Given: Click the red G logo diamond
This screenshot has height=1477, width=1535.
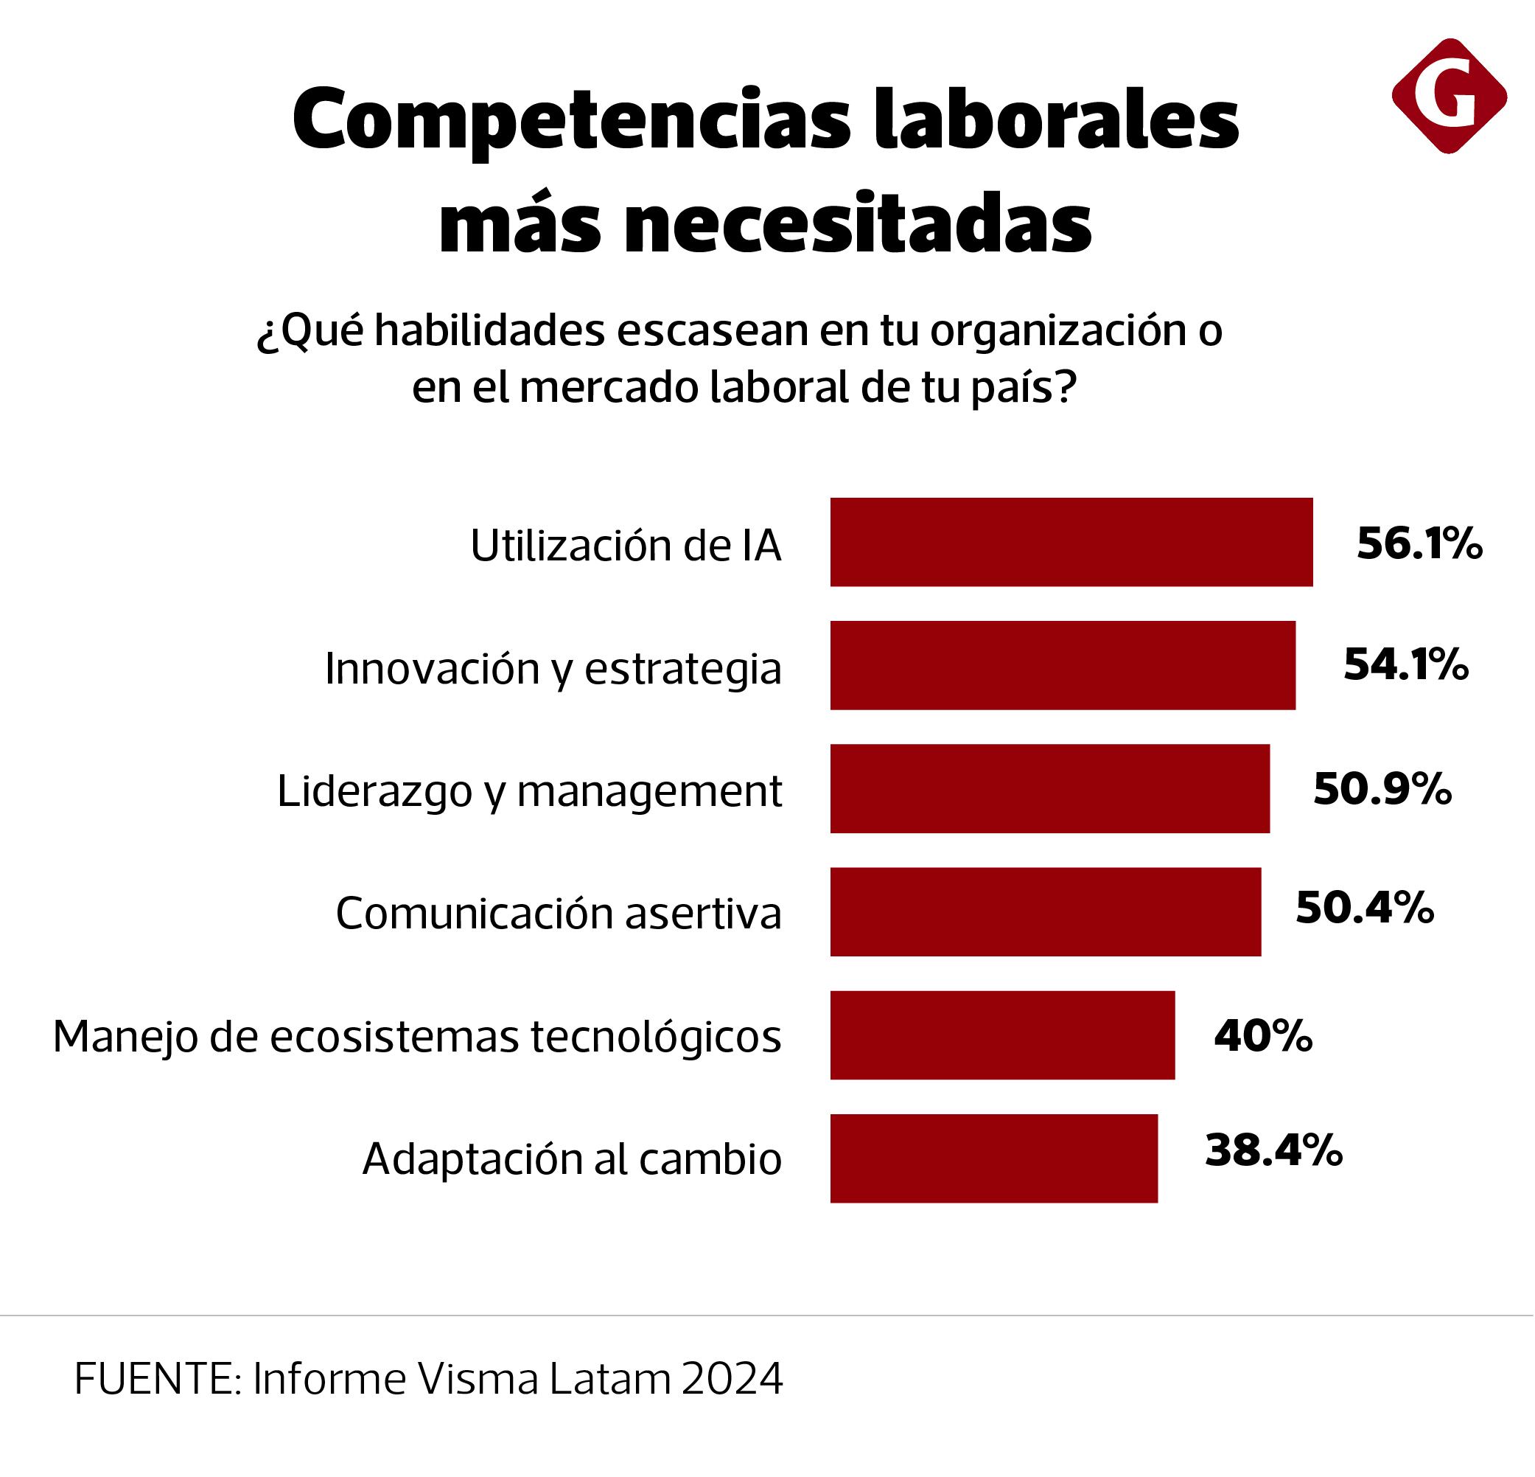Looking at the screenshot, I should (x=1448, y=96).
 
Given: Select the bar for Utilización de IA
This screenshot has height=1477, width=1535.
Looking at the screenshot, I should (x=1071, y=542).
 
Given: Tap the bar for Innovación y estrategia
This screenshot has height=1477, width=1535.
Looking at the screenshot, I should (x=1062, y=665).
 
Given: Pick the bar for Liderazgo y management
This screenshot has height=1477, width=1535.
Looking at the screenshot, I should (x=1049, y=788).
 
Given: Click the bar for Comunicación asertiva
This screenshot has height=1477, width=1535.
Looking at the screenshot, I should (x=1045, y=911).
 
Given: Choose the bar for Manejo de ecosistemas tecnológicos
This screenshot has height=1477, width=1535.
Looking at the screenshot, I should (x=1001, y=1035).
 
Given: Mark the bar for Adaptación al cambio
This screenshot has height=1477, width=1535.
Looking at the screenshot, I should (x=993, y=1158).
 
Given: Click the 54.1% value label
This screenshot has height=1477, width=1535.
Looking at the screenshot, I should (x=1405, y=664).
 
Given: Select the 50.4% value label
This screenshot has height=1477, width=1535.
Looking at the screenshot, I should (x=1364, y=908).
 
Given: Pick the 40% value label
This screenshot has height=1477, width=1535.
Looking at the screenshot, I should (x=1262, y=1036).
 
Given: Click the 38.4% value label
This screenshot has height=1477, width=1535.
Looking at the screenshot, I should (x=1273, y=1151).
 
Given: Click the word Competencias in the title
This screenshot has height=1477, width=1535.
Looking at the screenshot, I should (x=571, y=122).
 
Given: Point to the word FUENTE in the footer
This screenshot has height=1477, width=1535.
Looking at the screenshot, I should (x=158, y=1378).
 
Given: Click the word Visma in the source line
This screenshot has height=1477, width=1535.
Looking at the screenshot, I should (x=478, y=1378).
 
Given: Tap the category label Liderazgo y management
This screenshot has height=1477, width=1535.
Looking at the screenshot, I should (x=529, y=790).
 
